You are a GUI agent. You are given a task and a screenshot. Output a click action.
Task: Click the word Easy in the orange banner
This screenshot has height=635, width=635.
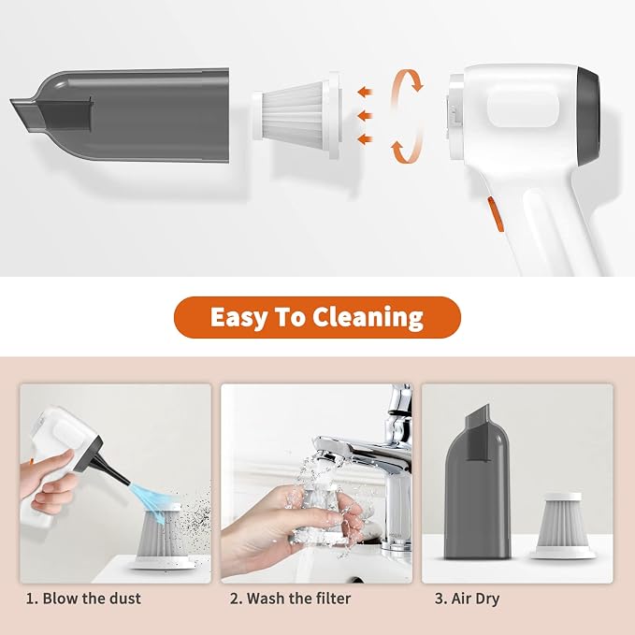[x=238, y=317]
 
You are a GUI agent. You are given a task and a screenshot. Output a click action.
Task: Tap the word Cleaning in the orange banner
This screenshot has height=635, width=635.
[x=368, y=317]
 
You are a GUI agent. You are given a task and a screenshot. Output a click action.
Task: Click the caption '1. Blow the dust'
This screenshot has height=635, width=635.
[x=83, y=599]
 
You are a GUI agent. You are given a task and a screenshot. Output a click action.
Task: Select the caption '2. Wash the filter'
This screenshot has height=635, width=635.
[x=290, y=599]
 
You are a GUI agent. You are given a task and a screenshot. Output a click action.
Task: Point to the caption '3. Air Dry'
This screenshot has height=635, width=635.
[x=468, y=599]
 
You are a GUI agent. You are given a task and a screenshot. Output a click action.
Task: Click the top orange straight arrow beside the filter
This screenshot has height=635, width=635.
[x=365, y=92]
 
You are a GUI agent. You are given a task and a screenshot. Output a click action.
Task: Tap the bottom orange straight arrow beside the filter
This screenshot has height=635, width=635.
[x=365, y=139]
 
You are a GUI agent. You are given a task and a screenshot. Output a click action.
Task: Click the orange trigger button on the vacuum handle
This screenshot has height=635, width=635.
[x=495, y=214]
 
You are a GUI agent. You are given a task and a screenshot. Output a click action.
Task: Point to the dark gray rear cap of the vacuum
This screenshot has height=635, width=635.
[x=589, y=116]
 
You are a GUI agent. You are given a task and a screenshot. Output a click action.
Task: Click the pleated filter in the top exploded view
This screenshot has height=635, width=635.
[x=296, y=115]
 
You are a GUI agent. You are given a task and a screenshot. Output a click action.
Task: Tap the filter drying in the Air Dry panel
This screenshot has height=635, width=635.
[x=563, y=527]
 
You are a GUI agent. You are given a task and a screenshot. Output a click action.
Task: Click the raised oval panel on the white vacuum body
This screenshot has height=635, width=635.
[x=523, y=109]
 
